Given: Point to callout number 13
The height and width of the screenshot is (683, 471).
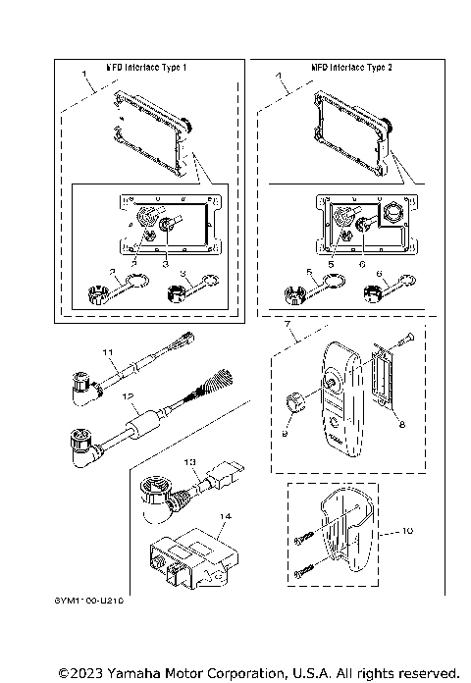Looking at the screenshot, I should [190, 461].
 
